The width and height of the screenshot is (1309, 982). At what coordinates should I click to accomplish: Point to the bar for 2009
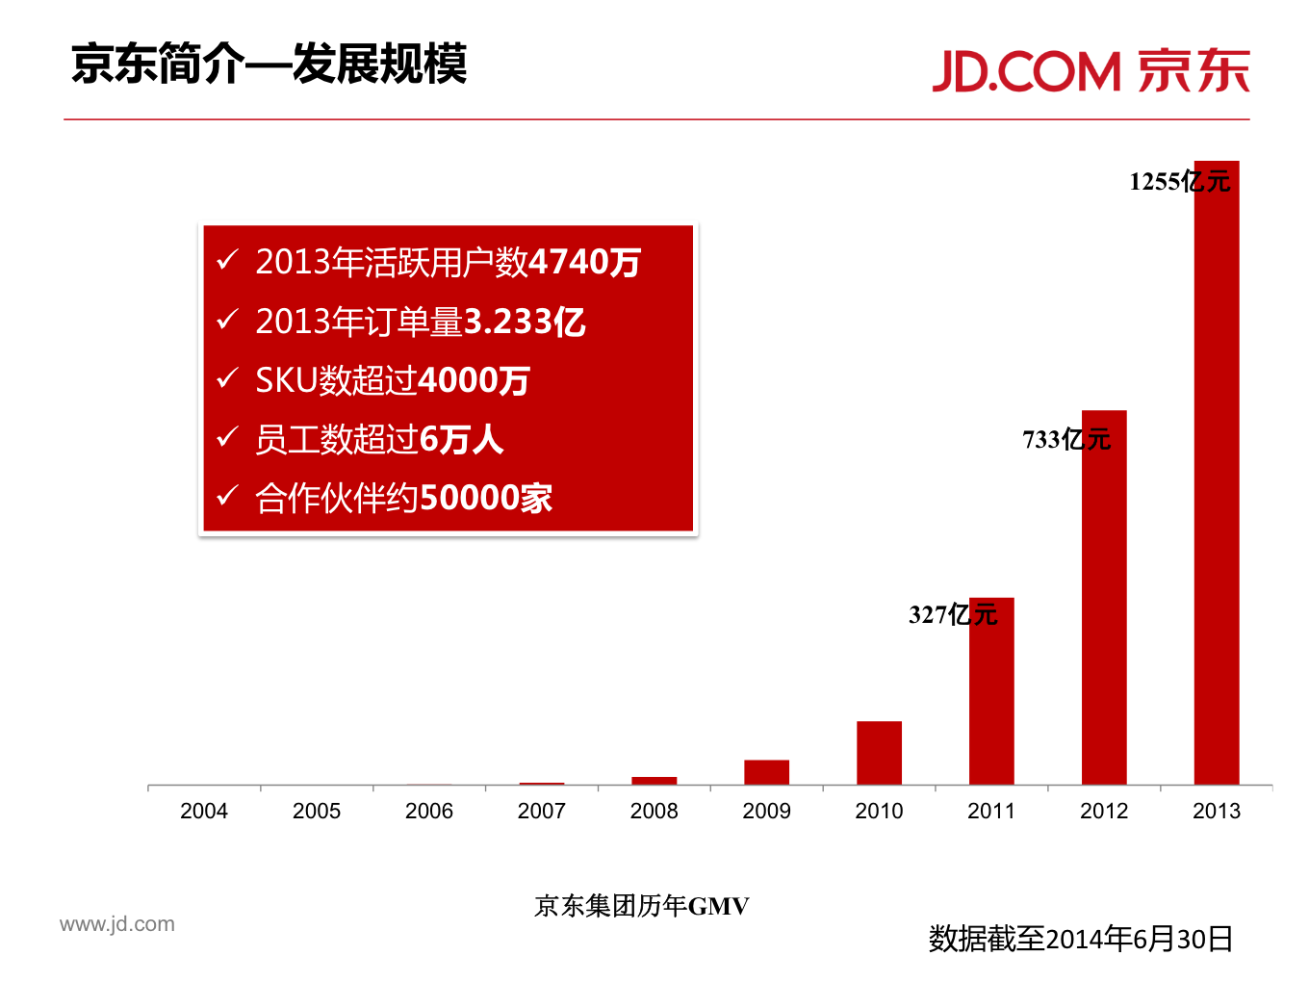pos(766,771)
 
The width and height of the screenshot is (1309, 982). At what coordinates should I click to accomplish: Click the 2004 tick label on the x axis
pos(204,811)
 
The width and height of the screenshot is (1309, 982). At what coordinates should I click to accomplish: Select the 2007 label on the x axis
pos(541,811)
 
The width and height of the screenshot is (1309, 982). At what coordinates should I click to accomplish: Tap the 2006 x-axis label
pos(428,811)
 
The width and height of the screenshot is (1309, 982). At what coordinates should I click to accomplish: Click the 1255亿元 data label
pos(1179,181)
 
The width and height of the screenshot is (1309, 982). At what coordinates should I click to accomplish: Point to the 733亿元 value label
pos(1066,440)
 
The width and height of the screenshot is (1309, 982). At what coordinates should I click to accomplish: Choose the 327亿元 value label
pos(953,614)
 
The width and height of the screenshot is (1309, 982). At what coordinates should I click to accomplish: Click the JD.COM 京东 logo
pos(1091,71)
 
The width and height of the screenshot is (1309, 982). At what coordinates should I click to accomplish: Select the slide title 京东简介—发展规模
pos(269,65)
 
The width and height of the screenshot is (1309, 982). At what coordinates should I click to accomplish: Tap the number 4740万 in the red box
pos(585,262)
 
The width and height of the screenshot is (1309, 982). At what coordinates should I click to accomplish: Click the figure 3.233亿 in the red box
pos(525,322)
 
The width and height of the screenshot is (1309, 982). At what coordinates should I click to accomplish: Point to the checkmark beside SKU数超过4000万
pos(227,378)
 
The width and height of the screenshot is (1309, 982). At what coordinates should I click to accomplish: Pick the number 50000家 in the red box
pos(486,498)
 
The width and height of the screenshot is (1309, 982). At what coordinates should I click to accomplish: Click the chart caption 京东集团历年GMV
pos(641,906)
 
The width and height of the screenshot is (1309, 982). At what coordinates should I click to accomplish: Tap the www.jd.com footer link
pos(117,924)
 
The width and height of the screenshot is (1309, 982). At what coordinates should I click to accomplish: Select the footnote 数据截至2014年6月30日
pos(1080,939)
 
